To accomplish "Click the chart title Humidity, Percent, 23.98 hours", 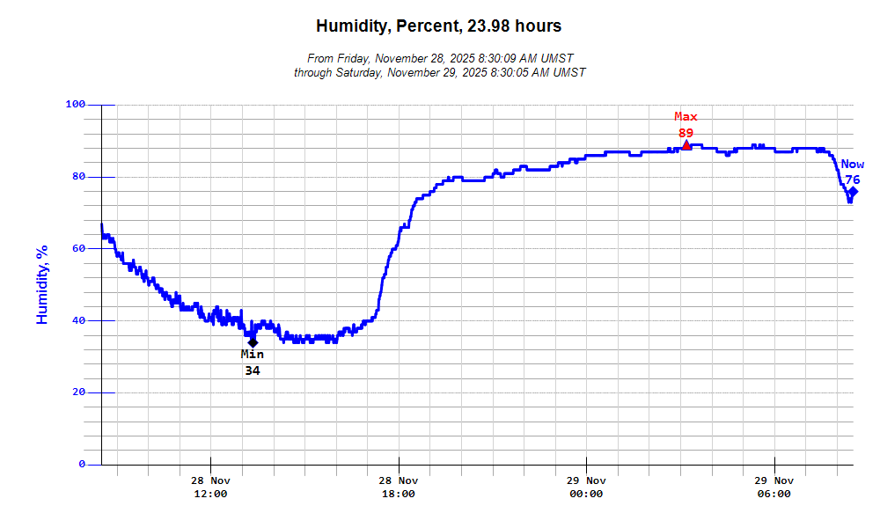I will pos(438,26).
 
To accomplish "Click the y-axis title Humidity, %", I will pos(41,284).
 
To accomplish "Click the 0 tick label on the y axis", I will pos(82,464).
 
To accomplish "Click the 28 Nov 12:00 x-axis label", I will pos(210,487).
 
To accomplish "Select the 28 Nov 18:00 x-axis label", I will pos(398,487).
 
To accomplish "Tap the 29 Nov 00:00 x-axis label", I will pos(586,487).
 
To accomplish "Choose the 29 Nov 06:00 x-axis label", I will pos(774,487).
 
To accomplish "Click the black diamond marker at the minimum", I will pos(253,342).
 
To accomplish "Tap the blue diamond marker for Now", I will pos(853,192).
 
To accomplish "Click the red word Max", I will pos(686,117).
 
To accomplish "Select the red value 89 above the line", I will pos(686,133).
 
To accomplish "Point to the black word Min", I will pos(253,355).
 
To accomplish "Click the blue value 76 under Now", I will pos(853,180).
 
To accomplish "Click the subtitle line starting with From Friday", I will pos(439,58).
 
